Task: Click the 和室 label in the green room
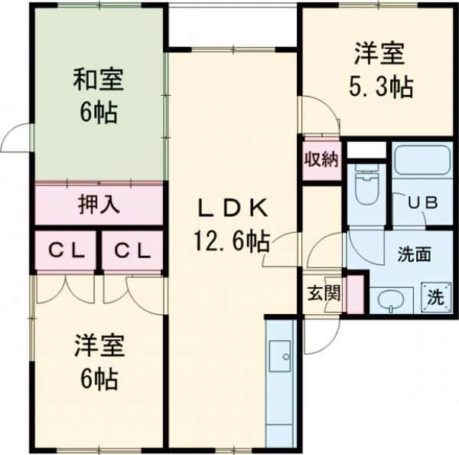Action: pyautogui.click(x=98, y=80)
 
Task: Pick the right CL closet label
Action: pyautogui.click(x=132, y=250)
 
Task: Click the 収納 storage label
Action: pyautogui.click(x=321, y=160)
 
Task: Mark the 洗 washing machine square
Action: pyautogui.click(x=434, y=298)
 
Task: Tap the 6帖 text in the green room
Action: pyautogui.click(x=98, y=113)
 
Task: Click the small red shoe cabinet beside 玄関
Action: pyautogui.click(x=354, y=295)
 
